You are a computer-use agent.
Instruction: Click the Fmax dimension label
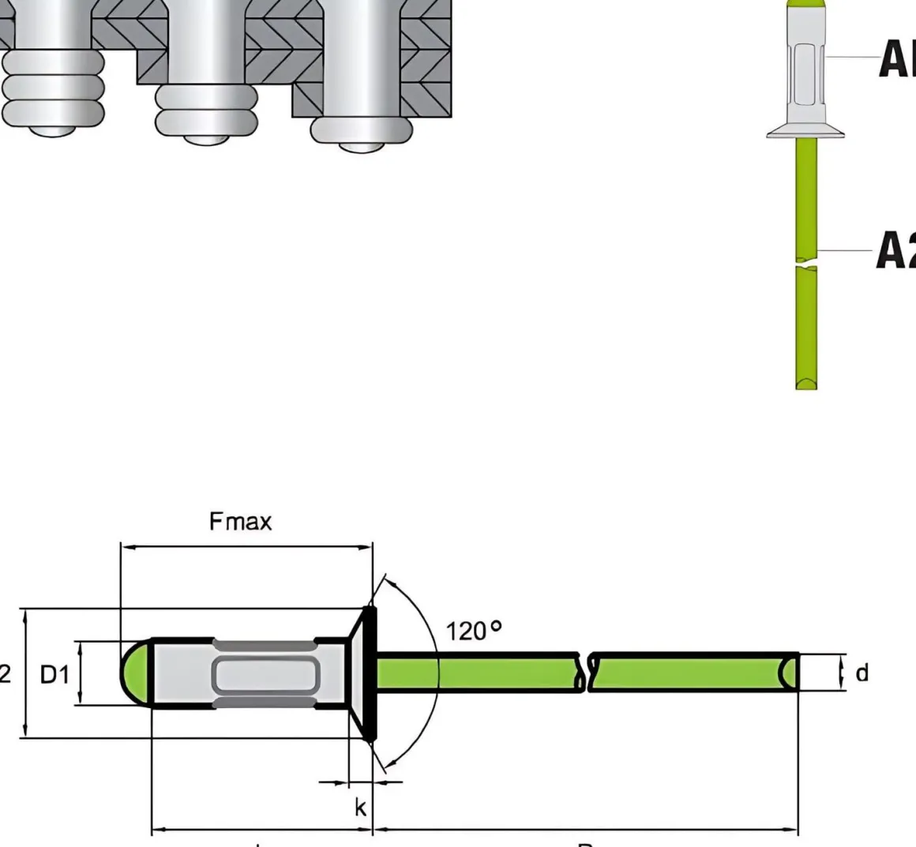[240, 522]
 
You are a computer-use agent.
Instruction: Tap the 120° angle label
[474, 631]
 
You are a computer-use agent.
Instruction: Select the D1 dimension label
[55, 674]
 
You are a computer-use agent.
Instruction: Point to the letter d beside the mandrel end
[862, 673]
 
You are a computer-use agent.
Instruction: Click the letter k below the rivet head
[360, 808]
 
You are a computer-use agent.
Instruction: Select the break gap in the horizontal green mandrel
[588, 673]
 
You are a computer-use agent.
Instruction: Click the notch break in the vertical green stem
[805, 263]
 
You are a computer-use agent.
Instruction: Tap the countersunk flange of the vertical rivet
[805, 131]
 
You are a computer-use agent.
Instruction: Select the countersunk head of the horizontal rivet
[364, 673]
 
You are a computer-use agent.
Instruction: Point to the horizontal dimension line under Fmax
[245, 545]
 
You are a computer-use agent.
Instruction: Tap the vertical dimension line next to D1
[80, 673]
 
